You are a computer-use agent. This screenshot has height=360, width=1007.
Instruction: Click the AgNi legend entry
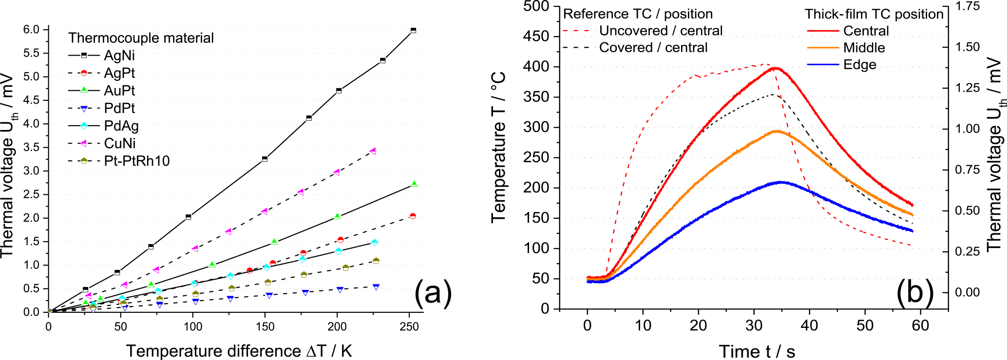(x=119, y=56)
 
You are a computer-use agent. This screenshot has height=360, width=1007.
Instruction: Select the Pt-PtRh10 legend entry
(x=136, y=161)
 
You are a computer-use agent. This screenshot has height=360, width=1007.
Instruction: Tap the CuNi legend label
(x=120, y=144)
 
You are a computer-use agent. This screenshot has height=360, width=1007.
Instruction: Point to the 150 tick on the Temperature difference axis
(x=265, y=327)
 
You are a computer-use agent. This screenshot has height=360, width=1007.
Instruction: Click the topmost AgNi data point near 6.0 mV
(x=413, y=30)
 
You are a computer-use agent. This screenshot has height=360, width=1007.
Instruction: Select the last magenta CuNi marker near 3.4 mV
(x=373, y=151)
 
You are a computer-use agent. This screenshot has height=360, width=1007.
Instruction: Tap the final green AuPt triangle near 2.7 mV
(x=414, y=184)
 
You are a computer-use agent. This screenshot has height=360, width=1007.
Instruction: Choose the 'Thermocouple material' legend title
(x=141, y=38)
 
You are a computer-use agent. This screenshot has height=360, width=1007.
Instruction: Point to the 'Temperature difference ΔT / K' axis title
(x=239, y=351)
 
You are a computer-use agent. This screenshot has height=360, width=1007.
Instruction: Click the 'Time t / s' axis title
(x=757, y=351)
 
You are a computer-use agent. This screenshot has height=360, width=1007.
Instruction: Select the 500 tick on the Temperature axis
(x=536, y=6)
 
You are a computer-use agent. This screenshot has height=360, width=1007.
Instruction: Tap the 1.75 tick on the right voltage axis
(x=967, y=6)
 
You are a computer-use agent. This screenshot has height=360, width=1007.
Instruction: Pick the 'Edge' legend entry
(x=859, y=65)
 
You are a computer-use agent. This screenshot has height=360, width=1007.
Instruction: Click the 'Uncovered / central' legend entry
(x=661, y=31)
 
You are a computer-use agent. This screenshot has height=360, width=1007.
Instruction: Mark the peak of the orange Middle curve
(x=777, y=131)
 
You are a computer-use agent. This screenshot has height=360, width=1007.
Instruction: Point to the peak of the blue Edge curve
(x=781, y=182)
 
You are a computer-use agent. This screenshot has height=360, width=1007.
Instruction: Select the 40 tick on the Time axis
(x=809, y=325)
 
